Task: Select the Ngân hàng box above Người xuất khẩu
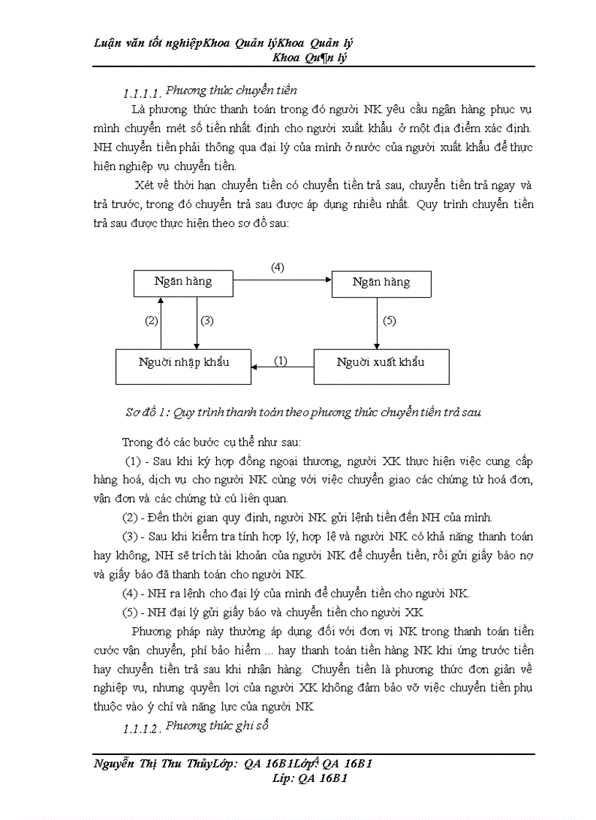click(381, 283)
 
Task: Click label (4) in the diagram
click(278, 267)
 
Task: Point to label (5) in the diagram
click(389, 321)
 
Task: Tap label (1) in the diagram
click(280, 361)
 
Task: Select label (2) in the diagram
click(151, 321)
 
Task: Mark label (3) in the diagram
click(207, 321)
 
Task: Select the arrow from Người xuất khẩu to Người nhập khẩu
click(283, 368)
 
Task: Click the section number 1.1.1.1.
click(142, 94)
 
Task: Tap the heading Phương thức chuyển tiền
click(231, 91)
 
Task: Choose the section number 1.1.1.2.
click(142, 729)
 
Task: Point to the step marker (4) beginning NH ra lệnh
click(131, 591)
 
